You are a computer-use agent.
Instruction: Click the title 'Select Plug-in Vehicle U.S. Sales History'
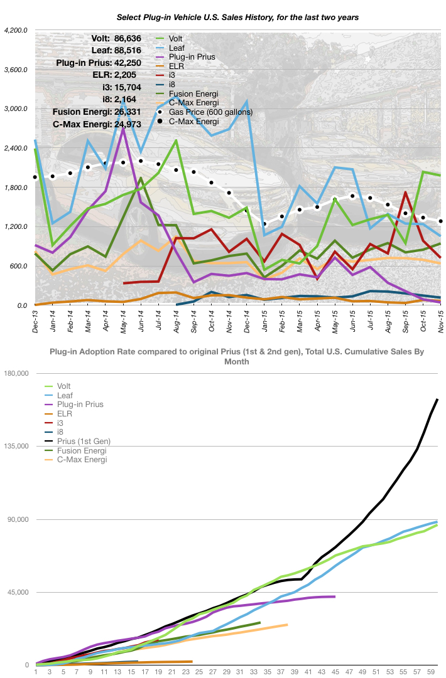[x=237, y=18]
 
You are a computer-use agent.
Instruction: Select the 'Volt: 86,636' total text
[x=116, y=38]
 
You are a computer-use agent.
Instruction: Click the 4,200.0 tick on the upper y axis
[x=16, y=30]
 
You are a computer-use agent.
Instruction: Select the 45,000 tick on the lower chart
[x=18, y=592]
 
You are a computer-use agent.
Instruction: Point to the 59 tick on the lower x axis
[x=430, y=672]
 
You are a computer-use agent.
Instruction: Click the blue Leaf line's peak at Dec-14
[x=247, y=101]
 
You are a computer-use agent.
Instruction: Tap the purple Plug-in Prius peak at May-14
[x=124, y=128]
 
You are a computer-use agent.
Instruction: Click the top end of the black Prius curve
[x=437, y=399]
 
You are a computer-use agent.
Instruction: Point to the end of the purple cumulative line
[x=335, y=596]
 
